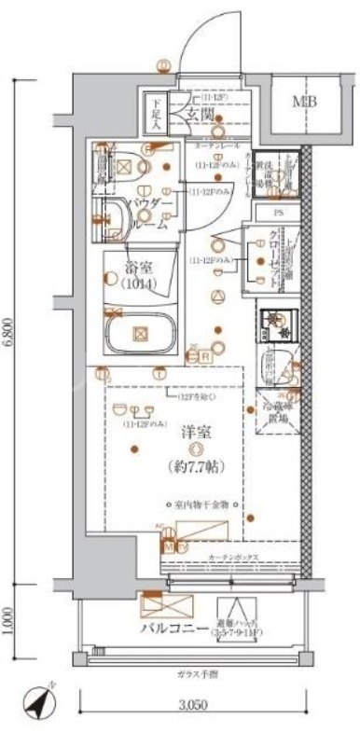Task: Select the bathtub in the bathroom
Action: coord(140,332)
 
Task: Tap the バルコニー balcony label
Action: coord(173,629)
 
